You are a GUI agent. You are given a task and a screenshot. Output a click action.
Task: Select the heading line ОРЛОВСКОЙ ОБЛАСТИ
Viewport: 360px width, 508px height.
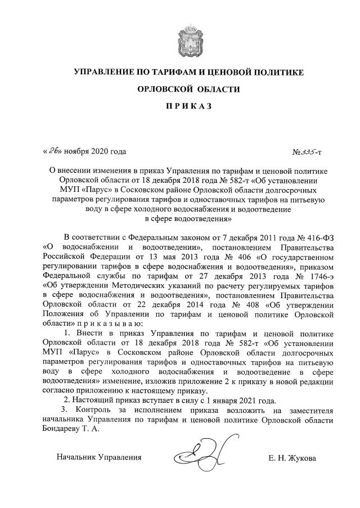click(179, 89)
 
